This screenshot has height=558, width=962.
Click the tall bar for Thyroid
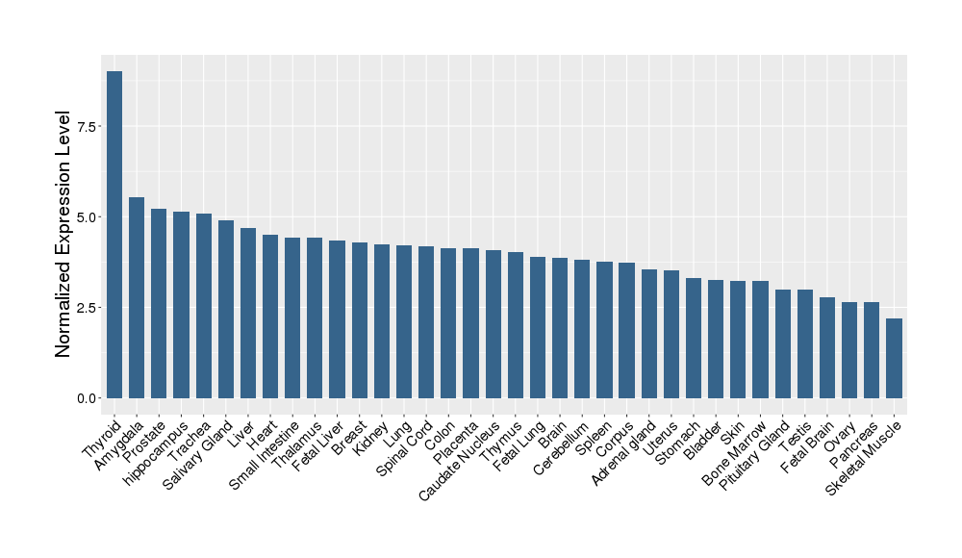pos(114,235)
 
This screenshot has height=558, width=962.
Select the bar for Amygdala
pos(137,297)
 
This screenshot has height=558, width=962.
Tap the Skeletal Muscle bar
pos(894,358)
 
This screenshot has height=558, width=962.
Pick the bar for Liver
pos(248,313)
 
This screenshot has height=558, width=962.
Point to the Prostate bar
pos(159,303)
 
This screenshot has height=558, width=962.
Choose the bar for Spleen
pos(604,329)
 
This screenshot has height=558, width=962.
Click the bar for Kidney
pos(382,320)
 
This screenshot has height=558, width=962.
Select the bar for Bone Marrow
pos(760,339)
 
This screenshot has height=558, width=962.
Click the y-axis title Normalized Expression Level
pos(63,235)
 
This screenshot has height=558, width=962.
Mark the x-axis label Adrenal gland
pos(623,451)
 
